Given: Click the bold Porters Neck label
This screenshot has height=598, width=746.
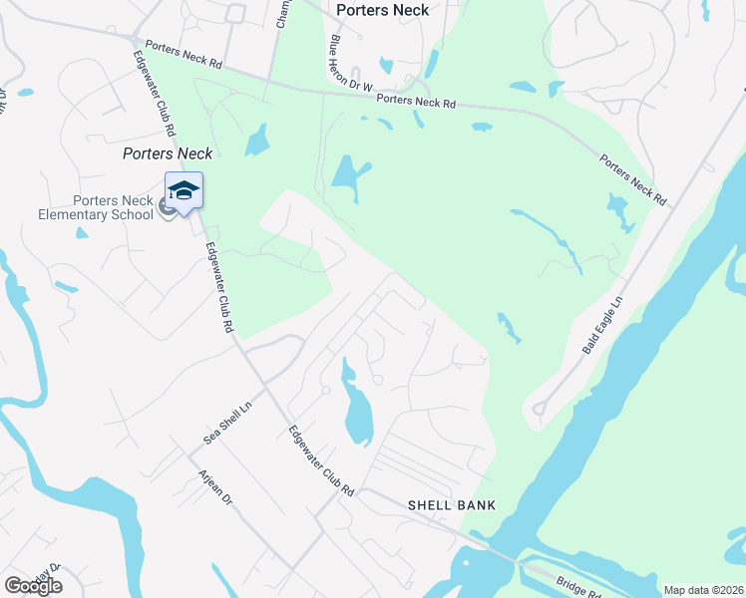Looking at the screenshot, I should pyautogui.click(x=383, y=10).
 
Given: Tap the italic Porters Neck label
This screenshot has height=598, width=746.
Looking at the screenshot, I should pyautogui.click(x=168, y=153).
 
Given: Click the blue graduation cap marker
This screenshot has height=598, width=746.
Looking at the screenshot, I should pyautogui.click(x=184, y=189).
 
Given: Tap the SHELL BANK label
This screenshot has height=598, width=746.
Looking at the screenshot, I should pyautogui.click(x=451, y=505).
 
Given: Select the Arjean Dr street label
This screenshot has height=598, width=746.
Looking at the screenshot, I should pyautogui.click(x=215, y=487).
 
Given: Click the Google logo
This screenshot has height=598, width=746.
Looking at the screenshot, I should pyautogui.click(x=33, y=586).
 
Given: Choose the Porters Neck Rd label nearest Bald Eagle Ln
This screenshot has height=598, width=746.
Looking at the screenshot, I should pyautogui.click(x=633, y=179).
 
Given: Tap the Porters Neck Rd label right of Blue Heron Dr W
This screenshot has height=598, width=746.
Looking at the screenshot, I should pyautogui.click(x=416, y=101).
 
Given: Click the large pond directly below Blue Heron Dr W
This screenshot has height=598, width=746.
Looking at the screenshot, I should pyautogui.click(x=346, y=175).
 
